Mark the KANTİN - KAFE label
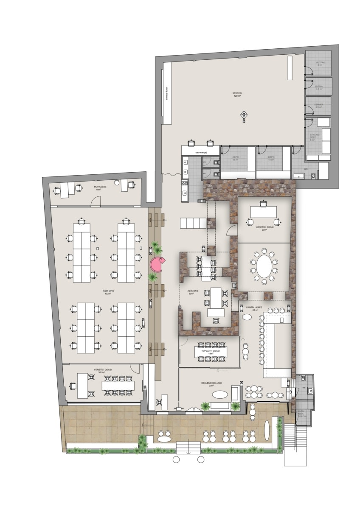(x=255, y=307)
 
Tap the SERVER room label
(x=319, y=105)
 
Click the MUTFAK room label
(x=320, y=64)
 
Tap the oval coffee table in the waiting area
(x=219, y=394)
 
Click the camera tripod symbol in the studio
(x=244, y=115)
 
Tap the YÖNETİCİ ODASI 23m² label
(x=264, y=228)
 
